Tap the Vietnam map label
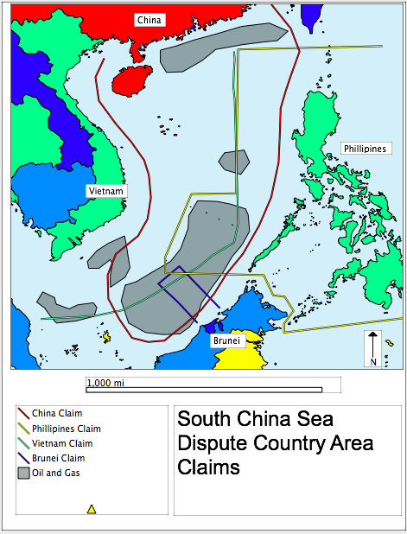(107, 190)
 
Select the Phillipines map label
(364, 149)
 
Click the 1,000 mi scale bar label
(106, 382)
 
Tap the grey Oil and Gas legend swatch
(23, 473)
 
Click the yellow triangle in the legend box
(92, 510)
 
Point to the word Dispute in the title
(212, 443)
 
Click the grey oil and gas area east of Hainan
(221, 48)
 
